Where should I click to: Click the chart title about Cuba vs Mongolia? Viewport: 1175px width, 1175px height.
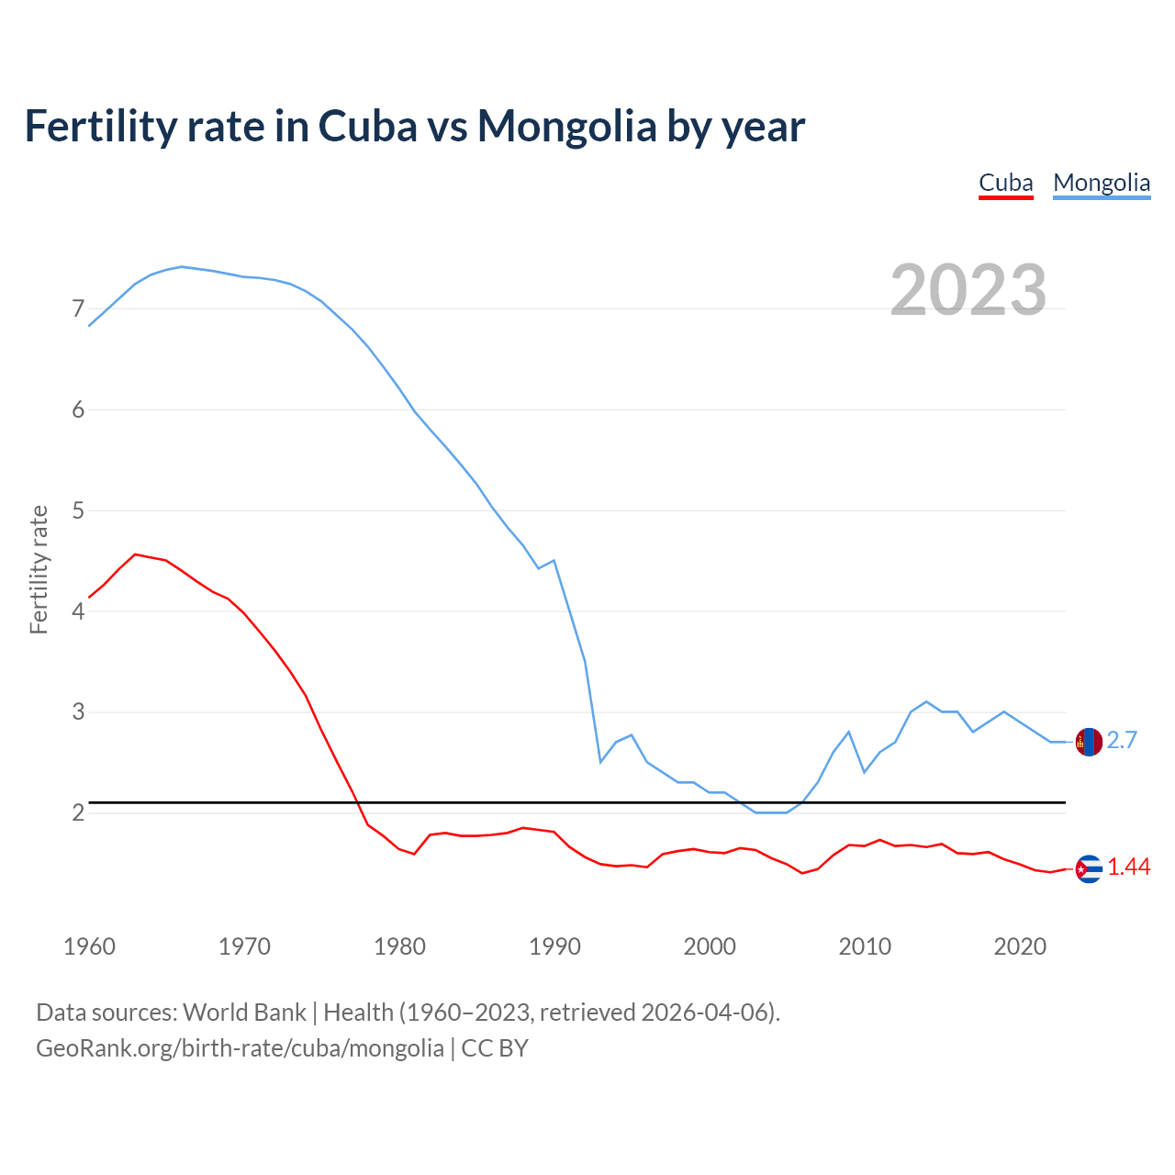pyautogui.click(x=414, y=126)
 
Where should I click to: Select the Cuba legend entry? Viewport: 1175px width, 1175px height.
pyautogui.click(x=1005, y=183)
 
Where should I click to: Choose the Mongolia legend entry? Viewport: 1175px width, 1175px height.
pyautogui.click(x=1101, y=183)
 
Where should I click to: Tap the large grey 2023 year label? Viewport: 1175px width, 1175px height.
pyautogui.click(x=968, y=290)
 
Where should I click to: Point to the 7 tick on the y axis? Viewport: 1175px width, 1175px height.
pyautogui.click(x=78, y=308)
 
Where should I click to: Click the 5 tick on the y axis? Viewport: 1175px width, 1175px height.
pyautogui.click(x=78, y=510)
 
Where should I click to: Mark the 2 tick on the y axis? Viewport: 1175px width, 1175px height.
pyautogui.click(x=78, y=813)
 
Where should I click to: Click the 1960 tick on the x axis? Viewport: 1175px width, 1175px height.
pyautogui.click(x=89, y=946)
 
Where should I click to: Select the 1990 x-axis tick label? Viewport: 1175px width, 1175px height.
pyautogui.click(x=554, y=946)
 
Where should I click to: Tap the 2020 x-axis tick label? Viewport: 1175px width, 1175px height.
pyautogui.click(x=1020, y=946)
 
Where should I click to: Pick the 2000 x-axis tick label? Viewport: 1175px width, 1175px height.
pyautogui.click(x=710, y=946)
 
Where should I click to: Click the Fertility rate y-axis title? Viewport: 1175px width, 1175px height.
pyautogui.click(x=39, y=569)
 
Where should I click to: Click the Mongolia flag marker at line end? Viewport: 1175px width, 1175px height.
pyautogui.click(x=1089, y=742)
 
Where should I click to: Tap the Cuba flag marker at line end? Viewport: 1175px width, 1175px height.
pyautogui.click(x=1089, y=868)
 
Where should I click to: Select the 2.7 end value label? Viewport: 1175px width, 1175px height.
pyautogui.click(x=1122, y=740)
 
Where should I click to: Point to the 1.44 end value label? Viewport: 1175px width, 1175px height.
pyautogui.click(x=1128, y=867)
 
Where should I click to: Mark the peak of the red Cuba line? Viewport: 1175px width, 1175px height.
pyautogui.click(x=135, y=554)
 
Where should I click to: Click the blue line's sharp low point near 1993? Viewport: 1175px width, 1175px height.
pyautogui.click(x=600, y=762)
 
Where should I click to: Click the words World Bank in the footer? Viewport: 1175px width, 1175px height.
pyautogui.click(x=244, y=1013)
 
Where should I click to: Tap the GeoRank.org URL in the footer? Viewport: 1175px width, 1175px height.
pyautogui.click(x=240, y=1048)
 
